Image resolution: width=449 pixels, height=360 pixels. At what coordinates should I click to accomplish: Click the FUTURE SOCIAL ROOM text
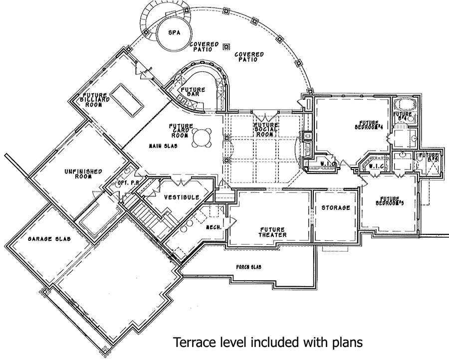pos(265,130)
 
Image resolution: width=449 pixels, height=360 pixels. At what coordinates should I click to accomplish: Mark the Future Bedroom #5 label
pos(390,200)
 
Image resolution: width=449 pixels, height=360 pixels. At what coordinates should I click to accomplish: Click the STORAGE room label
pos(335,207)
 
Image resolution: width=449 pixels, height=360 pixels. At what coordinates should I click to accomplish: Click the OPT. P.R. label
pos(128,183)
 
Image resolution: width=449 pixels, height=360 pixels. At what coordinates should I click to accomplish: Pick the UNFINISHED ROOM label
pos(83,175)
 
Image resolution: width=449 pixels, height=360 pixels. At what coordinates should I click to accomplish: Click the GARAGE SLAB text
pos(49,239)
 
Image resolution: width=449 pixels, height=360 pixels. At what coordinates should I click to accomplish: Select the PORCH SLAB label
pos(248,267)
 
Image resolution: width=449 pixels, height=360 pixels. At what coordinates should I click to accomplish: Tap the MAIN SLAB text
pos(161,146)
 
